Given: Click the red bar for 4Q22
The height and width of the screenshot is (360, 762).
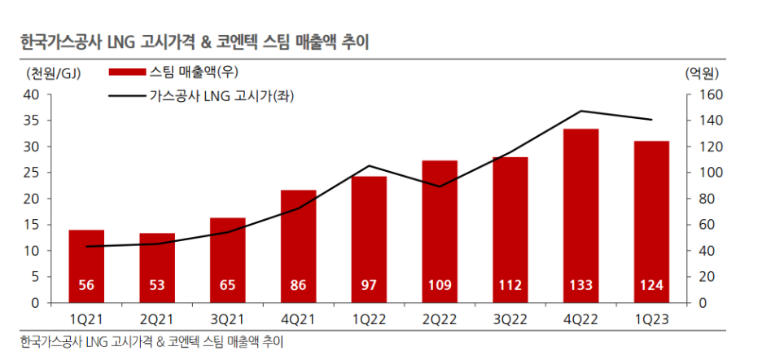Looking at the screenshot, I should [x=580, y=212].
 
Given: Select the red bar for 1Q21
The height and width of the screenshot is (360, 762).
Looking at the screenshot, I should [x=85, y=261].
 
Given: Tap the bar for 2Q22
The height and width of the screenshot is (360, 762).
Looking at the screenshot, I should [x=439, y=228].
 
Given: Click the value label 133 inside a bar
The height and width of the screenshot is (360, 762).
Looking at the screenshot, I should [x=580, y=286].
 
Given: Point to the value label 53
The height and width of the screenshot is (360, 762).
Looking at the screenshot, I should [x=156, y=286].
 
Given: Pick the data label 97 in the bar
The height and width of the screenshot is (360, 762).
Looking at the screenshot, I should [x=369, y=286].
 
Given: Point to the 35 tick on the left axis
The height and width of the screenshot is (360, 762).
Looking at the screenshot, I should [x=32, y=121].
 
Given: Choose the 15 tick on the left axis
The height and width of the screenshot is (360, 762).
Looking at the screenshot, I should [x=32, y=225].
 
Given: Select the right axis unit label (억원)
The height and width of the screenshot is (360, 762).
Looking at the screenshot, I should [x=701, y=74].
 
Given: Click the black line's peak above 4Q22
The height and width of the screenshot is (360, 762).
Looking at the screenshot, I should [x=581, y=111].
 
